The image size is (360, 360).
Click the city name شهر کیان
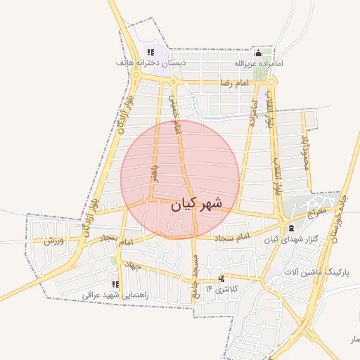196,205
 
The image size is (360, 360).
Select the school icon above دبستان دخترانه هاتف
150,52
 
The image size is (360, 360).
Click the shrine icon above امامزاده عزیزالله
258,53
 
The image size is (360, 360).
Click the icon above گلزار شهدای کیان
291,229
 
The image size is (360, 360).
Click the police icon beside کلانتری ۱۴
222,278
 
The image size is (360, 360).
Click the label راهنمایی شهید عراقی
116,295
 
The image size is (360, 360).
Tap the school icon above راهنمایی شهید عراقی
115,285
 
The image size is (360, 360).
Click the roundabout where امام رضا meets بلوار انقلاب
271,82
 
